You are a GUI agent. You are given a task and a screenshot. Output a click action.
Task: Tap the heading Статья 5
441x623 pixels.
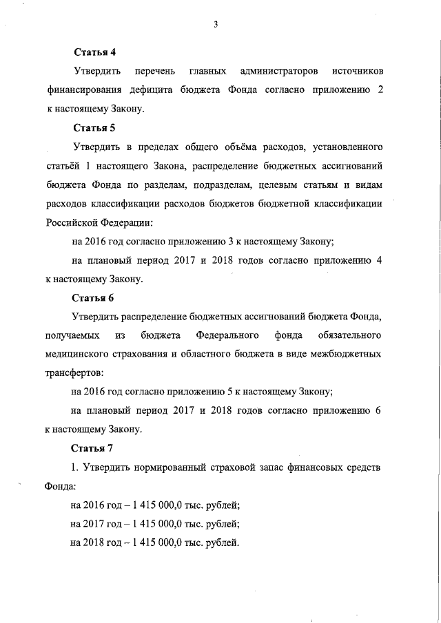coord(93,128)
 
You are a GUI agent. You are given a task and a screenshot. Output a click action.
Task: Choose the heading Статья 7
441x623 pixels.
coord(93,449)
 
